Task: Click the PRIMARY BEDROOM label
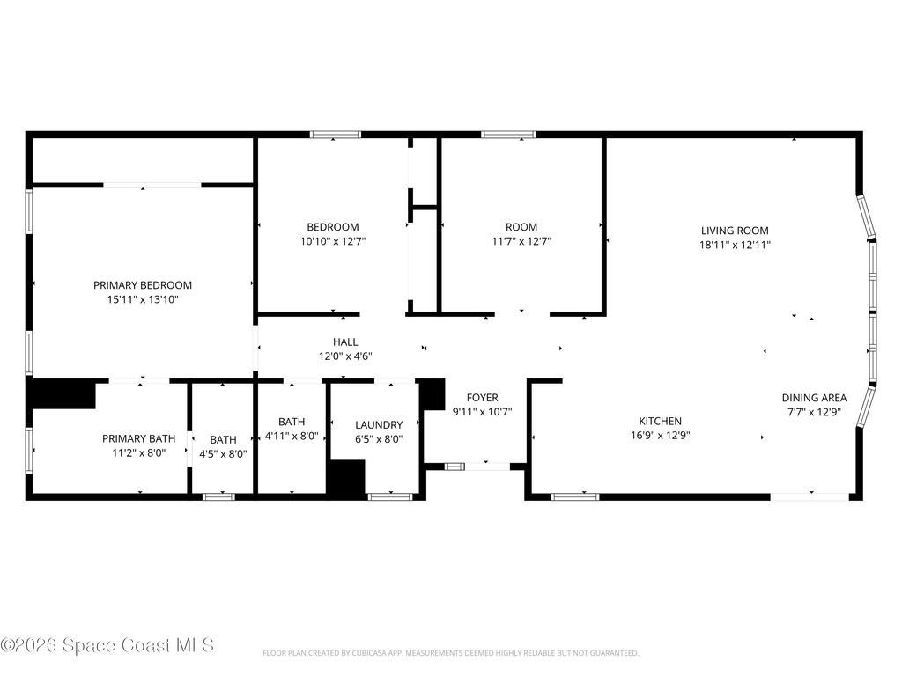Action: point(143,285)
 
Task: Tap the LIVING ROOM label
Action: point(735,231)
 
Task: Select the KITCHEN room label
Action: point(661,422)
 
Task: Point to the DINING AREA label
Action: point(814,398)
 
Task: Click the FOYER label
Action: point(482,398)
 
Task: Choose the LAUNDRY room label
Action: point(379,425)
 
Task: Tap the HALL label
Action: point(345,342)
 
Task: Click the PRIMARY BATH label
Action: point(138,438)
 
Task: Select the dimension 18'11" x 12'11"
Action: point(735,245)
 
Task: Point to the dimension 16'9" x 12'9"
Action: point(661,436)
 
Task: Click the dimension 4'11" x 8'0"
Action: point(292,437)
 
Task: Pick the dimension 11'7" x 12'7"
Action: point(521,241)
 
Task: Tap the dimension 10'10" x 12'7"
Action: point(333,241)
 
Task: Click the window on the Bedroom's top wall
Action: point(336,135)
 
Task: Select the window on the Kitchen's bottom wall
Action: point(575,496)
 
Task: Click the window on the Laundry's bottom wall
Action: point(390,496)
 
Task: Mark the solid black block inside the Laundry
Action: point(347,476)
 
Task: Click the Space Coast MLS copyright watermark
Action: point(107,645)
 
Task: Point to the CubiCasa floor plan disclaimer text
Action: point(450,653)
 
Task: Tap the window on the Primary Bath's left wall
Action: point(29,450)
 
